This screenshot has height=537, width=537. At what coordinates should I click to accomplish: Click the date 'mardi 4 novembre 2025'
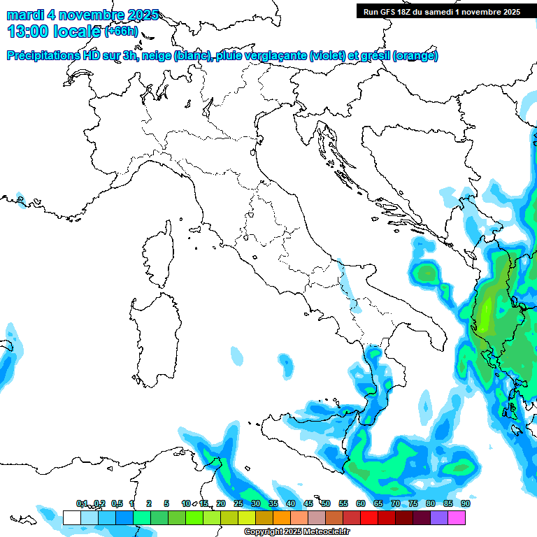83,15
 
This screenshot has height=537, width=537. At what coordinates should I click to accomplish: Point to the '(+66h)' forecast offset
122,31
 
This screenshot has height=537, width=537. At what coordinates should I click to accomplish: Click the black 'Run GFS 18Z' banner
441,11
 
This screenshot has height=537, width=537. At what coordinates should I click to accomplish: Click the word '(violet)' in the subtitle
332,56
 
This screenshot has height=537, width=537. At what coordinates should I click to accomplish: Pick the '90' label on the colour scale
465,503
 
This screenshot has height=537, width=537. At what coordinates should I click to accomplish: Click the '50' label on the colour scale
326,503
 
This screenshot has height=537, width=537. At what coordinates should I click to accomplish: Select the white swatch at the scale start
71,517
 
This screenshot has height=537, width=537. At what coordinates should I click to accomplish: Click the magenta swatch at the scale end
457,517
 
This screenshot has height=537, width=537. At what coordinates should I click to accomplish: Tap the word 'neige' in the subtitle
156,56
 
